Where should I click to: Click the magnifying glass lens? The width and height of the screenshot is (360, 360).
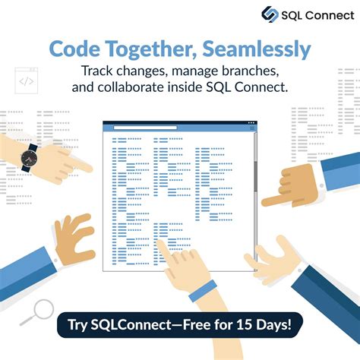pos(43,309)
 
